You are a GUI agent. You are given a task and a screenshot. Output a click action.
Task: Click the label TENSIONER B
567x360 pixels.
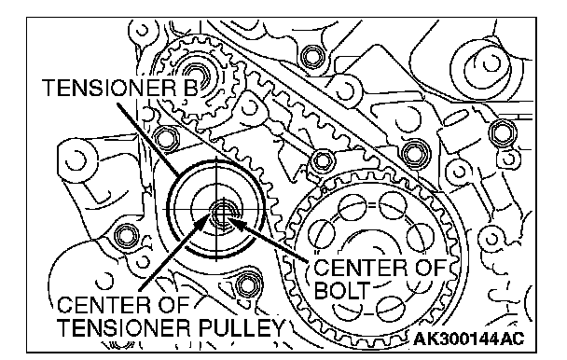coord(121,88)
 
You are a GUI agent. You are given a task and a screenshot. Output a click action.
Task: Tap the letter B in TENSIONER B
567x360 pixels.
coord(191,88)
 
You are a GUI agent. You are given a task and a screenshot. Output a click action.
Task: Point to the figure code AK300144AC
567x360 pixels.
coord(469,339)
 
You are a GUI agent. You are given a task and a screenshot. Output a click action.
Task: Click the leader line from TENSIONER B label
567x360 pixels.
coord(148,139)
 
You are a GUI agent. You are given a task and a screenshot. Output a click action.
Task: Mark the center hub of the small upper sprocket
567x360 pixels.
coord(198,77)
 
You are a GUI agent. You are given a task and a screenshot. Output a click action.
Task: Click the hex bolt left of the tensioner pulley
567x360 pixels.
coord(126,236)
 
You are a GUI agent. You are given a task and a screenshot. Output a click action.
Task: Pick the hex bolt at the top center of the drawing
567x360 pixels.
coord(311,56)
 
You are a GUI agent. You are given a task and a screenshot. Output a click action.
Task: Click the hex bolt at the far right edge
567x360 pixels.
coord(501,132)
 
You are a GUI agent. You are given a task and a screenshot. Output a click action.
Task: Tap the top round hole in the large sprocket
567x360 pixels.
coord(393,205)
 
